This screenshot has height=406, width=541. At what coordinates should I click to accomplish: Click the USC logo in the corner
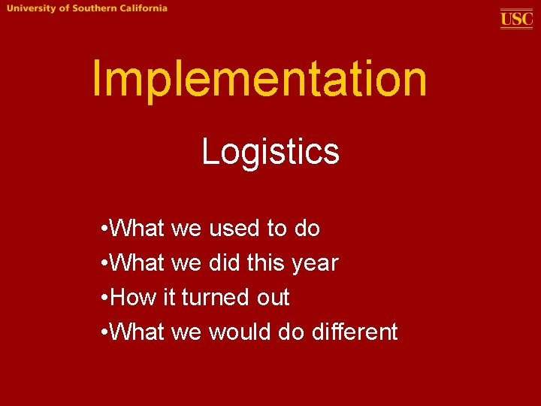[517, 18]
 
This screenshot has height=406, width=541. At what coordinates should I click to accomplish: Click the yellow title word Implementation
[259, 80]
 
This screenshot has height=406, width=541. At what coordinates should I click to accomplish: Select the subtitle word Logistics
[270, 153]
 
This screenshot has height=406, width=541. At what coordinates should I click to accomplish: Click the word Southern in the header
[93, 8]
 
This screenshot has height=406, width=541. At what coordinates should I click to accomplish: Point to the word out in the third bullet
[271, 298]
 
